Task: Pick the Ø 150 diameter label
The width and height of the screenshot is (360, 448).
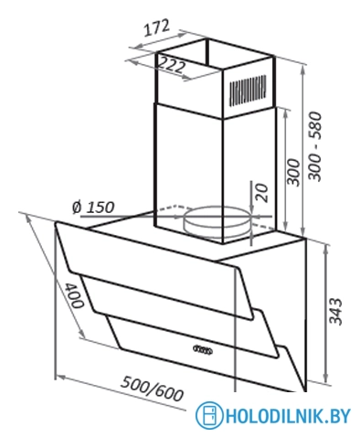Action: pos(91,206)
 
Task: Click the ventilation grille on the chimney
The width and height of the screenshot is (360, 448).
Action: pos(252,91)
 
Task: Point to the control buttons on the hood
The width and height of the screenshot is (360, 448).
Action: pos(203,347)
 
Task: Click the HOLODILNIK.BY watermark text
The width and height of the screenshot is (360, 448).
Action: pos(289,416)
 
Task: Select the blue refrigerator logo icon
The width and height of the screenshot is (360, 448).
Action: pos(209,416)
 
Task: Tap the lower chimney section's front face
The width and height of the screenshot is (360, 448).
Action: pos(187,155)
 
